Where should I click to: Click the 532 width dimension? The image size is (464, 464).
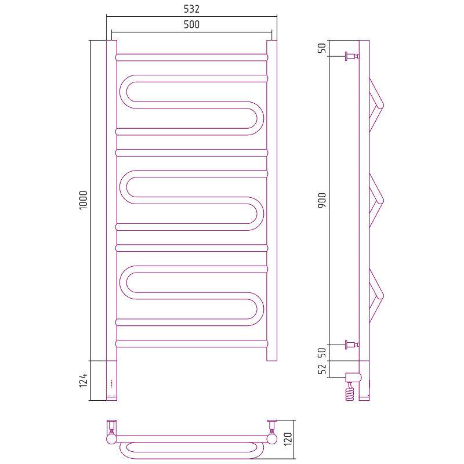point(191,9)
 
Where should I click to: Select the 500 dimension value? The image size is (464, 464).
point(191,24)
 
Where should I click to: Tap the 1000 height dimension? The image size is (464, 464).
point(84,200)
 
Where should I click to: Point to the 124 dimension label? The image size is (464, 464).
point(84,380)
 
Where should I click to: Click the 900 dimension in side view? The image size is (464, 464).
point(322,200)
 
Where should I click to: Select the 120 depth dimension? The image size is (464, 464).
point(288,439)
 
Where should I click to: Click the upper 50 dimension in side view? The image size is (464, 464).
point(322,48)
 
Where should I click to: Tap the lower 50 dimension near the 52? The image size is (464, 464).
point(322,353)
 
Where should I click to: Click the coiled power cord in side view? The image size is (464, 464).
point(350,391)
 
